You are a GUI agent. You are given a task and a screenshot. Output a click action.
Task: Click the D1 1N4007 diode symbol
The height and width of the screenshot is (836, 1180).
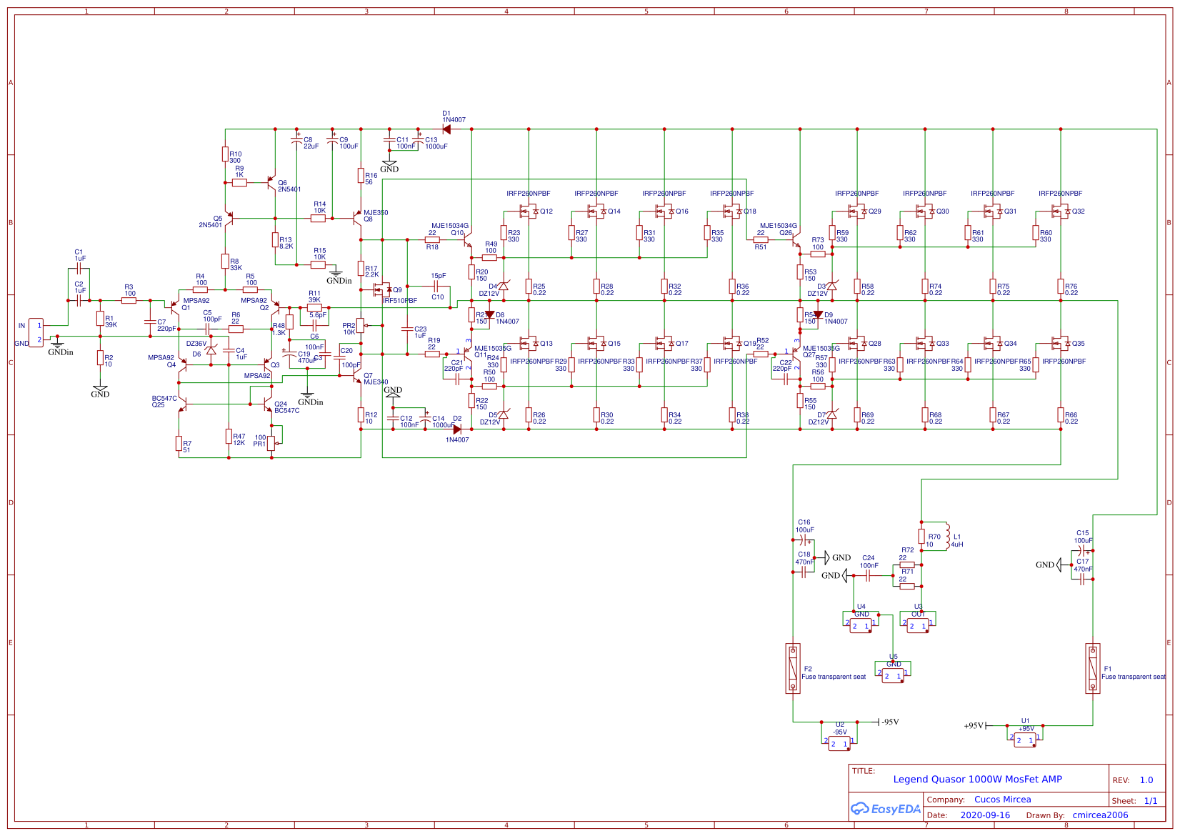click(x=446, y=129)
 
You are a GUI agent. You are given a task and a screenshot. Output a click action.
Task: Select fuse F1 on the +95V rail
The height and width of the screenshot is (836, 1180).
click(x=1092, y=668)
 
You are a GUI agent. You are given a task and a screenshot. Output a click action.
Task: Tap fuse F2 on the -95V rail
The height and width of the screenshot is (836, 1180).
click(x=793, y=668)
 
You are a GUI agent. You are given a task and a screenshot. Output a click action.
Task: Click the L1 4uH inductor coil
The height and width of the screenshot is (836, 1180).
click(x=947, y=536)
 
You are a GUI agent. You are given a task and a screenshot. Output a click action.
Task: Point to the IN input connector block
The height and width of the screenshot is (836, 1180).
click(x=36, y=333)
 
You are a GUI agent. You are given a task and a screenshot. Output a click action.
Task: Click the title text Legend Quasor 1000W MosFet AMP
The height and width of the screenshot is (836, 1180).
click(x=977, y=780)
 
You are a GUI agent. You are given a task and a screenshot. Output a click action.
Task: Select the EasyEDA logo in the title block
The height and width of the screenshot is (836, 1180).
click(x=885, y=809)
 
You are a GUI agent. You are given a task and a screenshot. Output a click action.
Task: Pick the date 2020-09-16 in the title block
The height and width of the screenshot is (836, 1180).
click(x=985, y=815)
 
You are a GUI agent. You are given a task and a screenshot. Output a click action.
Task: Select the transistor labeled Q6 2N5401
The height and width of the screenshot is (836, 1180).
click(x=271, y=182)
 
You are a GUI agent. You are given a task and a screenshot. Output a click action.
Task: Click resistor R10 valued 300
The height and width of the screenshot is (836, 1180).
click(x=225, y=154)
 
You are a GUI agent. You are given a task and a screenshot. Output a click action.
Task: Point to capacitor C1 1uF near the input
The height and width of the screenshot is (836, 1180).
click(x=79, y=269)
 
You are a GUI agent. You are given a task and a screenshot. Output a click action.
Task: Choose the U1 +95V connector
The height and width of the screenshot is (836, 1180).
click(x=1025, y=740)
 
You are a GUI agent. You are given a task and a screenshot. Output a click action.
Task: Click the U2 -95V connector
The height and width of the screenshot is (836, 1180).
click(x=839, y=743)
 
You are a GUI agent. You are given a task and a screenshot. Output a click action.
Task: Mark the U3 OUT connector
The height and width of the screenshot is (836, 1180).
click(x=918, y=625)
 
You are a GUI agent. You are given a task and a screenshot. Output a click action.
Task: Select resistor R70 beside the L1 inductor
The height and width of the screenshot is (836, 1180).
click(x=921, y=536)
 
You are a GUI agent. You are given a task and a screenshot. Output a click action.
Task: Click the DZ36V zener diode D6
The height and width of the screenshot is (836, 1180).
click(x=211, y=350)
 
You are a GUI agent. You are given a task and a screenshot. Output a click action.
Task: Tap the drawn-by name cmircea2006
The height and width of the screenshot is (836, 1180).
click(x=1100, y=815)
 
